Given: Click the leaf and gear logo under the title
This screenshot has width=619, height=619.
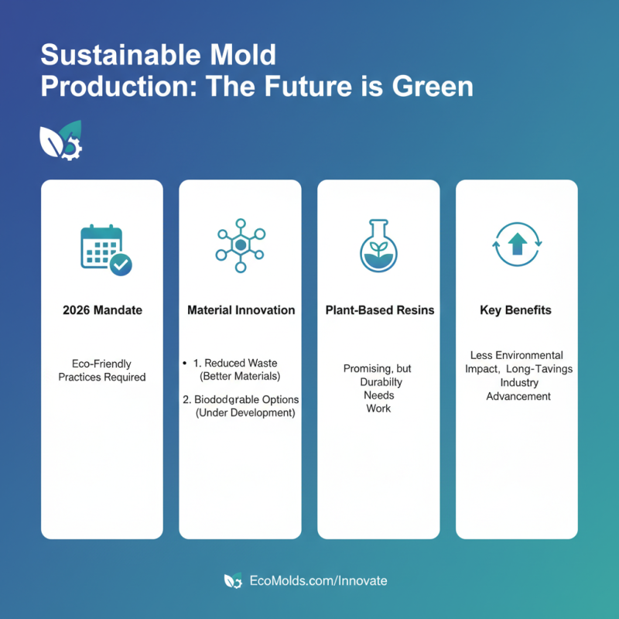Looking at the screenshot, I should pyautogui.click(x=60, y=139).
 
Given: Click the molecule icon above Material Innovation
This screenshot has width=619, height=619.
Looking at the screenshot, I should pyautogui.click(x=241, y=245).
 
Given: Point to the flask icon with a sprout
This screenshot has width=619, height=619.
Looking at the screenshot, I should pyautogui.click(x=378, y=246).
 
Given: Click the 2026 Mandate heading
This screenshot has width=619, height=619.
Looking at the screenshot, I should pyautogui.click(x=102, y=310).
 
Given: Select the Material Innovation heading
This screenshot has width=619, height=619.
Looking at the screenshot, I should pyautogui.click(x=241, y=310).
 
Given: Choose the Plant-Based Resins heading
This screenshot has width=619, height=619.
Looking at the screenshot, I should pyautogui.click(x=378, y=310).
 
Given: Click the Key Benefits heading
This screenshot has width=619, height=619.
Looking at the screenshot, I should pyautogui.click(x=517, y=310).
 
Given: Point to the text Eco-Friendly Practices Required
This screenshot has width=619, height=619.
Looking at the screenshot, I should pyautogui.click(x=102, y=371).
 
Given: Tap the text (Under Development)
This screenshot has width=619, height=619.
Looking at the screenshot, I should pyautogui.click(x=245, y=413).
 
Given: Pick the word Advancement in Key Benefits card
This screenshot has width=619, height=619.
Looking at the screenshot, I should pyautogui.click(x=518, y=396).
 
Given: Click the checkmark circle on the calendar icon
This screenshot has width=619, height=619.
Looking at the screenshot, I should pyautogui.click(x=120, y=265).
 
